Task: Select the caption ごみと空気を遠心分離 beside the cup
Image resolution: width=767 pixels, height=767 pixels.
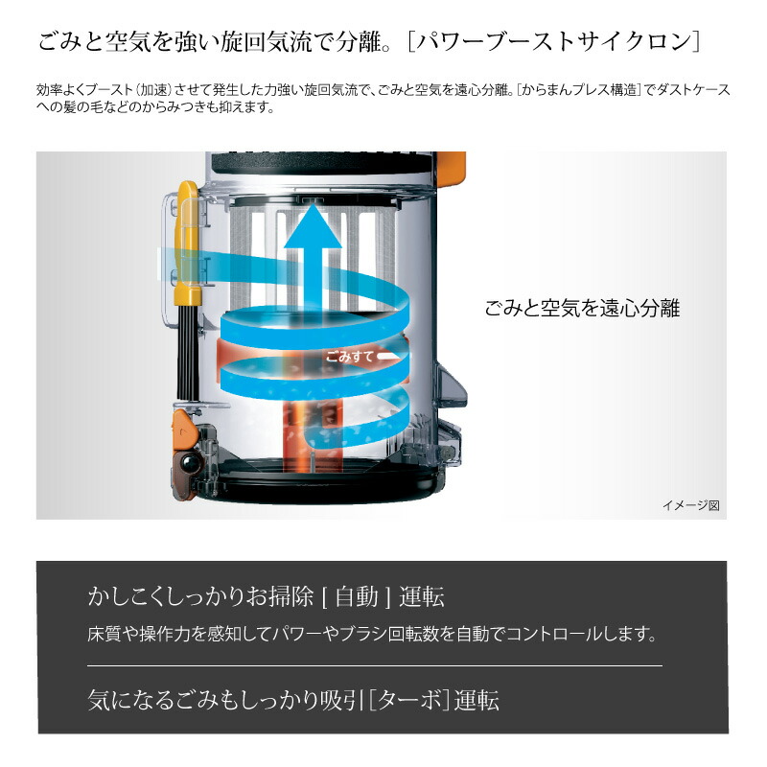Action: click(582, 309)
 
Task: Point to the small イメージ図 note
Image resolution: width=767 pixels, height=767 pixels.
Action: click(689, 505)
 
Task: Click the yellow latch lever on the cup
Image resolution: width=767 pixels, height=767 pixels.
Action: click(188, 240)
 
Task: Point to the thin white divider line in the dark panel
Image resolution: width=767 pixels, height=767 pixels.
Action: click(374, 665)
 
